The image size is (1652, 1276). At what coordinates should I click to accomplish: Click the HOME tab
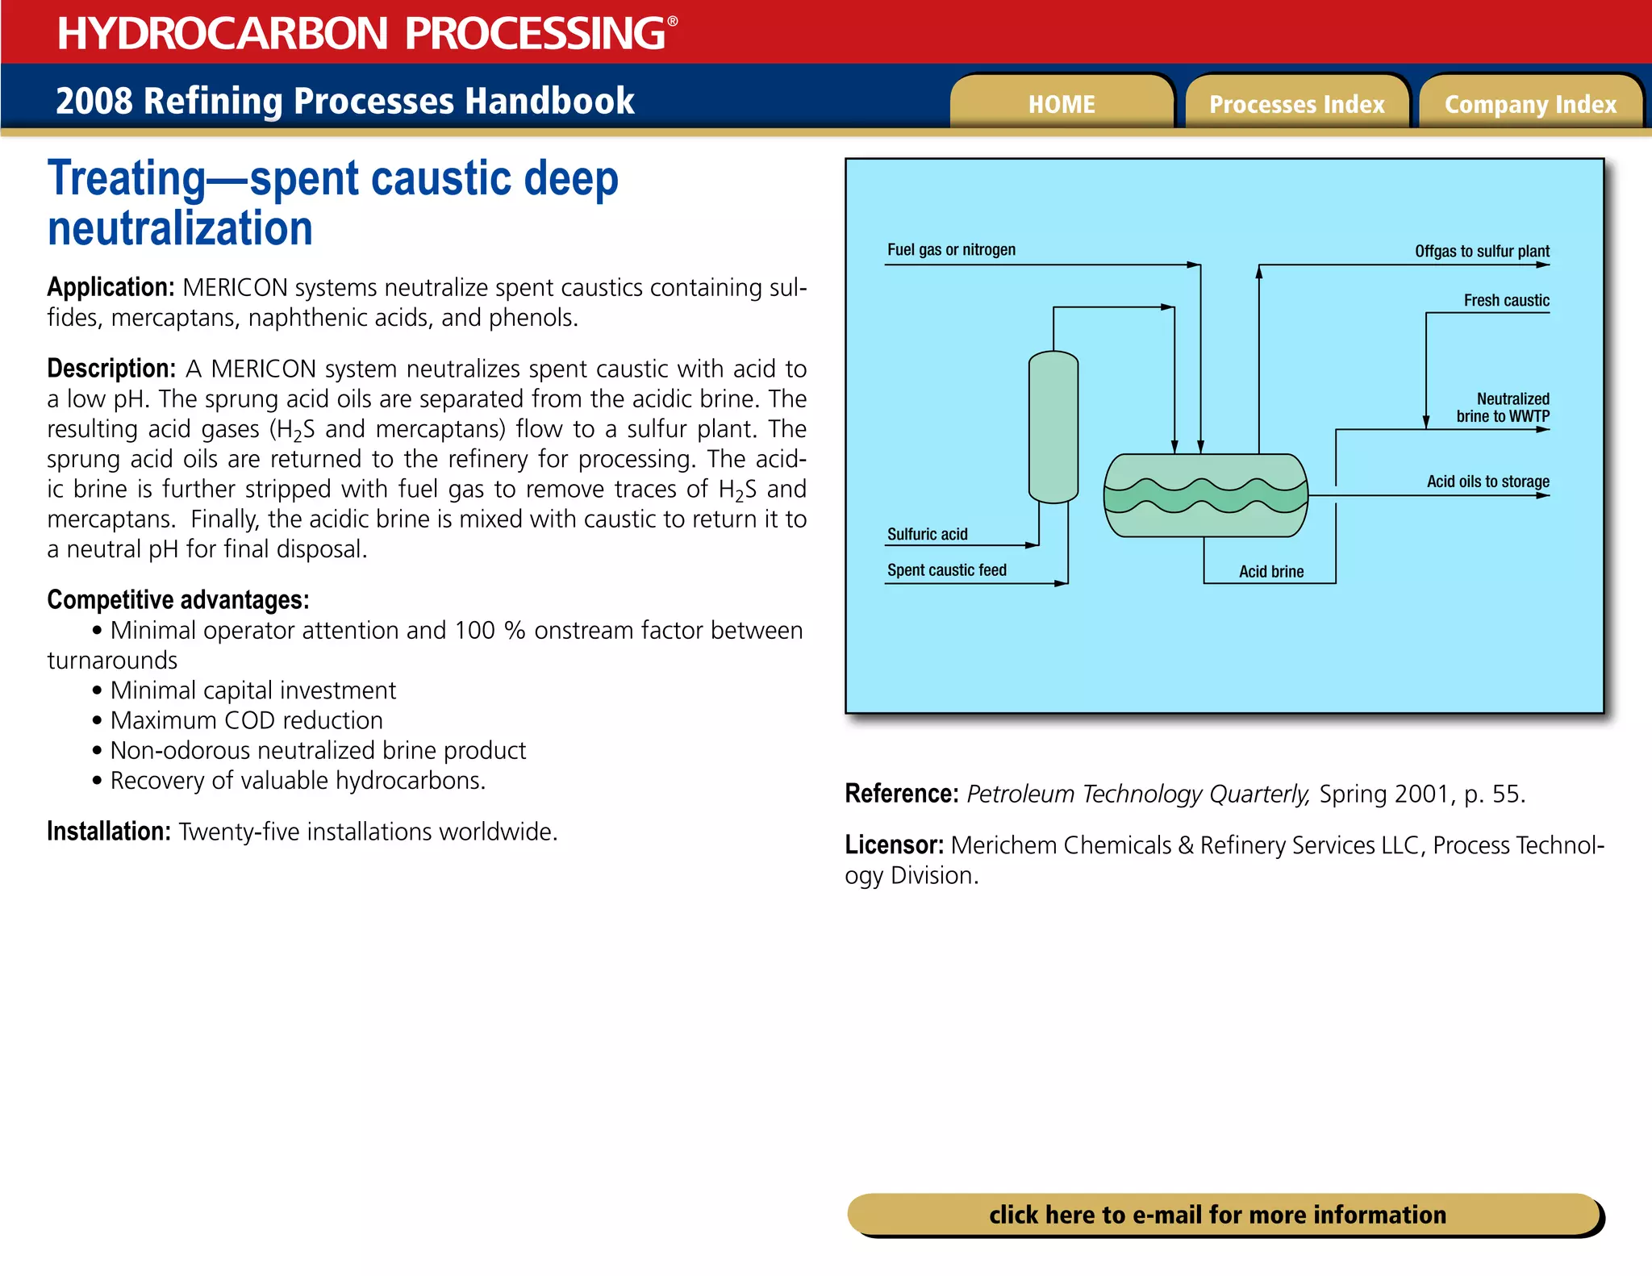coord(1061,104)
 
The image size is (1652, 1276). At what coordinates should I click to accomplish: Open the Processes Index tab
coord(1296,104)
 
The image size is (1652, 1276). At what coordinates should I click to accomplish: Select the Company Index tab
coord(1530,104)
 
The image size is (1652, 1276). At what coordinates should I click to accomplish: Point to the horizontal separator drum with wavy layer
coord(1205,495)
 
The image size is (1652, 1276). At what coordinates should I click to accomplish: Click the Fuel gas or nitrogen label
coord(951,249)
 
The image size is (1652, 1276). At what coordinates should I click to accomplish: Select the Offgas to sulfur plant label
coord(1481,251)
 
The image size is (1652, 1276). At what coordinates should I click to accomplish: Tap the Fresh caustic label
coord(1506,300)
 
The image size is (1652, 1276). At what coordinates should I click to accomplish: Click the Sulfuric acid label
coord(927,534)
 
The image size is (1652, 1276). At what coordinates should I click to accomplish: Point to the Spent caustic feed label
coord(946,569)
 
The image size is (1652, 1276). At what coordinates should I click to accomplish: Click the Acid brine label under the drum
coord(1270,571)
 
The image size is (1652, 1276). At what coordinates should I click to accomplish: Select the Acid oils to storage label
coord(1487,482)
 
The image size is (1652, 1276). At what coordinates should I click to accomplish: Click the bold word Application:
coord(111,287)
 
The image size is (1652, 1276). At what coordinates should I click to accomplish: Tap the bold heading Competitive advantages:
coord(177,599)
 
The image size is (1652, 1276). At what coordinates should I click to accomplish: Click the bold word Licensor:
coord(894,844)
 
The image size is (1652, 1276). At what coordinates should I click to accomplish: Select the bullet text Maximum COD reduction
coord(246,719)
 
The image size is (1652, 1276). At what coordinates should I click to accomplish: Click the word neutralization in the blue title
coord(180,228)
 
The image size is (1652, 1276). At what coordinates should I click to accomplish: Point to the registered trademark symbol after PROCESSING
coord(673,22)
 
